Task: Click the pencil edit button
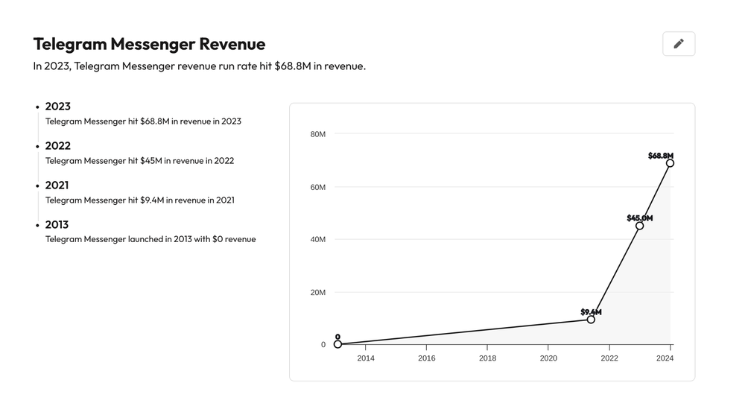pos(678,44)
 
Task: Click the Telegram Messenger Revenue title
pos(149,44)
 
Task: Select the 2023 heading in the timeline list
pos(58,107)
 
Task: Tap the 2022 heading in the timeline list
pos(58,146)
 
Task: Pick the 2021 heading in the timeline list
pos(57,186)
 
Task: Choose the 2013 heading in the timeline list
pos(57,225)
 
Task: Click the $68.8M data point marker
pos(670,163)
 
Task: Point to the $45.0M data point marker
pos(639,226)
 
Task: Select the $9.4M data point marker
pos(591,320)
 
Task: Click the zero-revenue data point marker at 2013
pos(337,344)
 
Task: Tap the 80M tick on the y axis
pos(317,134)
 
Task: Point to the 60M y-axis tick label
pos(317,187)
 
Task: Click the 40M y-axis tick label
pos(317,239)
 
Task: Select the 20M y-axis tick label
pos(317,292)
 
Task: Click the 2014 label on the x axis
pos(366,358)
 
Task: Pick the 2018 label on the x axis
pos(487,358)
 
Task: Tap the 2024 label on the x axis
pos(665,358)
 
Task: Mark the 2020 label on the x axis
pos(548,358)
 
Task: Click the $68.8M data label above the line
pos(660,156)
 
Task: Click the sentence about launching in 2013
pos(150,239)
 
